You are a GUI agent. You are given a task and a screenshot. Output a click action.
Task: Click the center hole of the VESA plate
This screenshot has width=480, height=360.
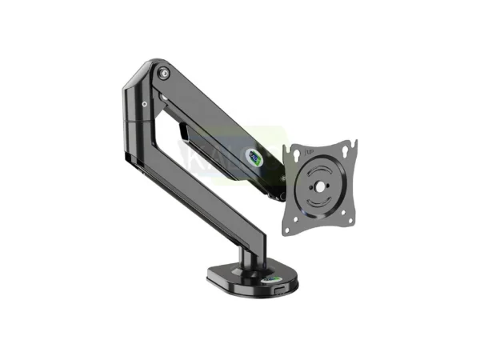pyautogui.click(x=320, y=189)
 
